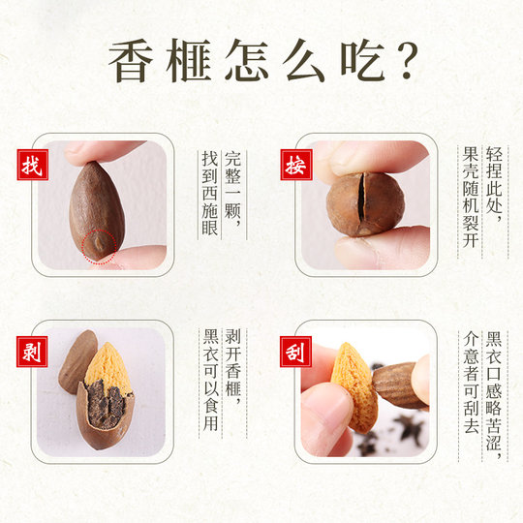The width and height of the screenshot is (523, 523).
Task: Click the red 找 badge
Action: click(x=31, y=166)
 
